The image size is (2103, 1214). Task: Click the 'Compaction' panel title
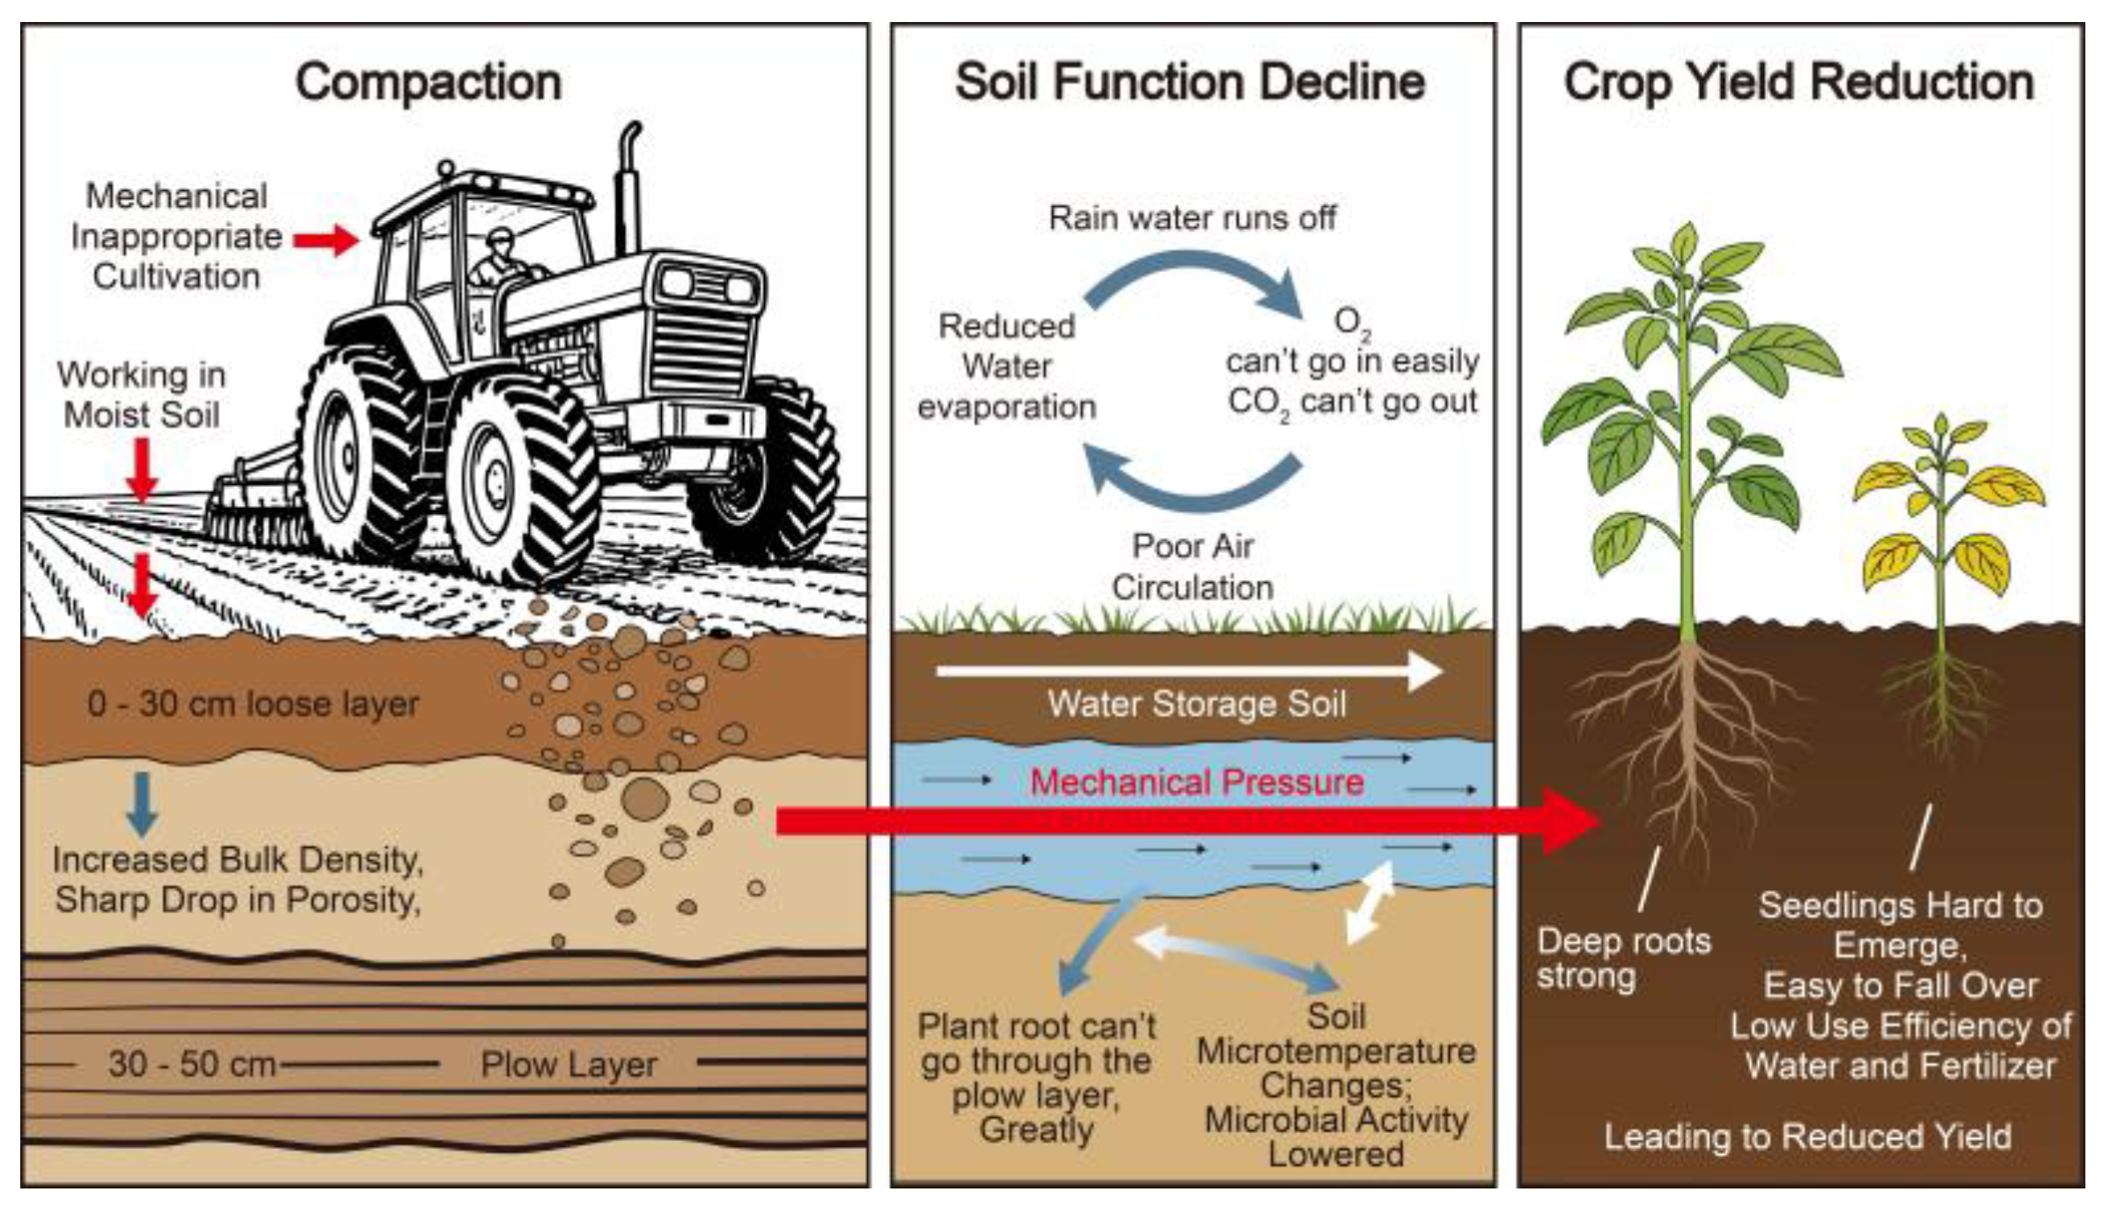428,83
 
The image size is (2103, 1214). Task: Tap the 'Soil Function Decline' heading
1190,82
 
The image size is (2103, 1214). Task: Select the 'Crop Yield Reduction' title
1798,83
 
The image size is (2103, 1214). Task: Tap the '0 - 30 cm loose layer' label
253,703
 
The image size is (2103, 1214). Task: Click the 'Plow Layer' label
569,1064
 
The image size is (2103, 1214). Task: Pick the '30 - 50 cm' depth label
192,1064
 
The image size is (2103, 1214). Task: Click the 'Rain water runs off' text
1192,217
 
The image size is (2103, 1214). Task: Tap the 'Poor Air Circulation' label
1192,566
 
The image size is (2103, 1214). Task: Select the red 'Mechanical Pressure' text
1196,782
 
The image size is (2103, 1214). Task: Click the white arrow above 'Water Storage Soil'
1188,672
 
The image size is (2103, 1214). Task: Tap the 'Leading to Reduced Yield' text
1807,1137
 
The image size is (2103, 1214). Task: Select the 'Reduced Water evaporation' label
1006,366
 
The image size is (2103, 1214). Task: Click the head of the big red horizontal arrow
1571,821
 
